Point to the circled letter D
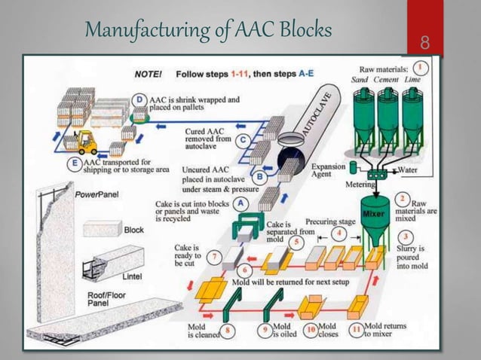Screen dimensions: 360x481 coord(139,99)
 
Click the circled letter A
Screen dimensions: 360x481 coord(240,204)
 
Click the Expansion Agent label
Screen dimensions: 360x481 coord(327,169)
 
